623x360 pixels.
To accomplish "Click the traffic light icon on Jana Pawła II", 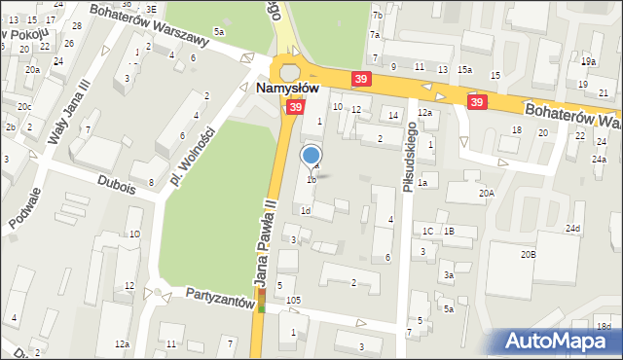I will [x=261, y=301].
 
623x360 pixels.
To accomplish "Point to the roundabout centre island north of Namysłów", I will [x=289, y=71].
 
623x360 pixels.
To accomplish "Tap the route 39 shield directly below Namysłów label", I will [x=292, y=110].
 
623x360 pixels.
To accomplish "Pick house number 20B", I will [x=528, y=254].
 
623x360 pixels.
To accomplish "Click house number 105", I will [x=293, y=301].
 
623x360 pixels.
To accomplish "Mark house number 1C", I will [x=427, y=231].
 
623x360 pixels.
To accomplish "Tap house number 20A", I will [x=486, y=194].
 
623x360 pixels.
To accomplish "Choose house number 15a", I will [x=465, y=69].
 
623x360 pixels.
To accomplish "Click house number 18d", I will [x=605, y=326].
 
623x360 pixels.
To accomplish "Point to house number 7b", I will [x=377, y=17].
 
